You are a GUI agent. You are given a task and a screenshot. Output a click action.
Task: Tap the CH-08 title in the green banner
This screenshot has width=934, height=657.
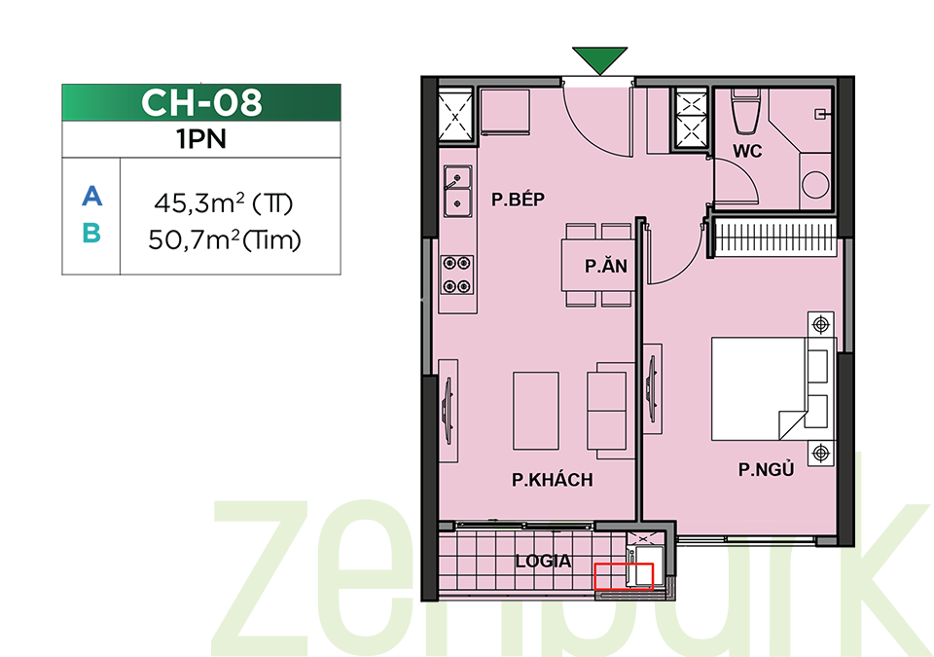tap(201, 102)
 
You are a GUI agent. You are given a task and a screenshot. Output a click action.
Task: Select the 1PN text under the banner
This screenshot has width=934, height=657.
tap(201, 139)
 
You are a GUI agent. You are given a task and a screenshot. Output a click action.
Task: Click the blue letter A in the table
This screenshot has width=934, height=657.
tap(91, 196)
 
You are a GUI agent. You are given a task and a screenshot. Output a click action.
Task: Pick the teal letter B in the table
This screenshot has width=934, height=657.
tap(91, 233)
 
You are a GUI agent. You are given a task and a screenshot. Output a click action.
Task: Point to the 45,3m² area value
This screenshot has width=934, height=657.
tap(198, 203)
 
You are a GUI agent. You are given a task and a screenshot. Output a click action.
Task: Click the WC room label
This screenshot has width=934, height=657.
tap(747, 151)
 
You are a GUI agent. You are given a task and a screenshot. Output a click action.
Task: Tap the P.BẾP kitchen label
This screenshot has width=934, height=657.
tap(518, 200)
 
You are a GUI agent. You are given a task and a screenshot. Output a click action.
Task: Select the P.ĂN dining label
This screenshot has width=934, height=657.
tap(606, 266)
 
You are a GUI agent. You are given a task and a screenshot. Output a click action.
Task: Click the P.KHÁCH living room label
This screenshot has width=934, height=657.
tap(553, 479)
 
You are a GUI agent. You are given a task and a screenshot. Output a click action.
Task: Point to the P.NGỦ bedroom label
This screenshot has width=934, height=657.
tap(766, 469)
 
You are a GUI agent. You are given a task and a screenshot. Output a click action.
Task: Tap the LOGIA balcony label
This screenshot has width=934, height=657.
tap(543, 561)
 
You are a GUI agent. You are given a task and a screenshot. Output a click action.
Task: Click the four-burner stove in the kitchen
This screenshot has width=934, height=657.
tap(457, 274)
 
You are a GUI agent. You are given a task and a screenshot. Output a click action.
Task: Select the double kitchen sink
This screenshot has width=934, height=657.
tap(457, 190)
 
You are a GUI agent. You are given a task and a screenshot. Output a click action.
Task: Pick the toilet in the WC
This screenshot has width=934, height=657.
tap(746, 111)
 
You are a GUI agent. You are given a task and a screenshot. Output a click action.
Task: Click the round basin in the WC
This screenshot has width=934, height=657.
tap(815, 184)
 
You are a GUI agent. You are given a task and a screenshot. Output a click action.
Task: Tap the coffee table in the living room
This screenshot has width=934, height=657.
tap(536, 411)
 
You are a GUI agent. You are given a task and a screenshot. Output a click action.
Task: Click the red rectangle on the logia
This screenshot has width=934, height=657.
tap(624, 576)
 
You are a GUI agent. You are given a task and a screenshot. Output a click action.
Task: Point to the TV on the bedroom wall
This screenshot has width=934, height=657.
tap(651, 389)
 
